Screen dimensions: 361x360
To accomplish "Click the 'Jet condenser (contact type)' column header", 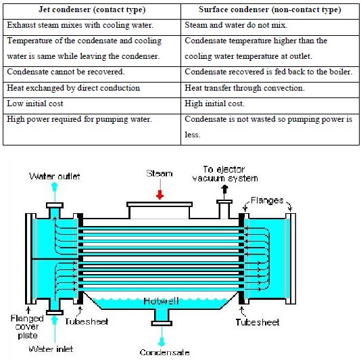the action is [x=92, y=10].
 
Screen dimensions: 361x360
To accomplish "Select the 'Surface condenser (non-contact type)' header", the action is [x=270, y=10].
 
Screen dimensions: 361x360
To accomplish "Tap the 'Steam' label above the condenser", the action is [x=160, y=173].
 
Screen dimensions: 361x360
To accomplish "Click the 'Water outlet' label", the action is [x=55, y=177].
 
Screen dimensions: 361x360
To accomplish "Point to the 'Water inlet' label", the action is [x=51, y=348].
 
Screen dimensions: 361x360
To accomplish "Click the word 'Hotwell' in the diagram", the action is [x=161, y=301].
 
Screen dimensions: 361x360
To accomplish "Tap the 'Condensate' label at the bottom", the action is [x=164, y=353].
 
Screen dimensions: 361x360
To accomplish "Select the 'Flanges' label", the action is [x=267, y=200].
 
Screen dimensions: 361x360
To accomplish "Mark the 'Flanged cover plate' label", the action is [x=27, y=327].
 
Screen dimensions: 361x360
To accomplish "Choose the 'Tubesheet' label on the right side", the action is [x=258, y=322].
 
